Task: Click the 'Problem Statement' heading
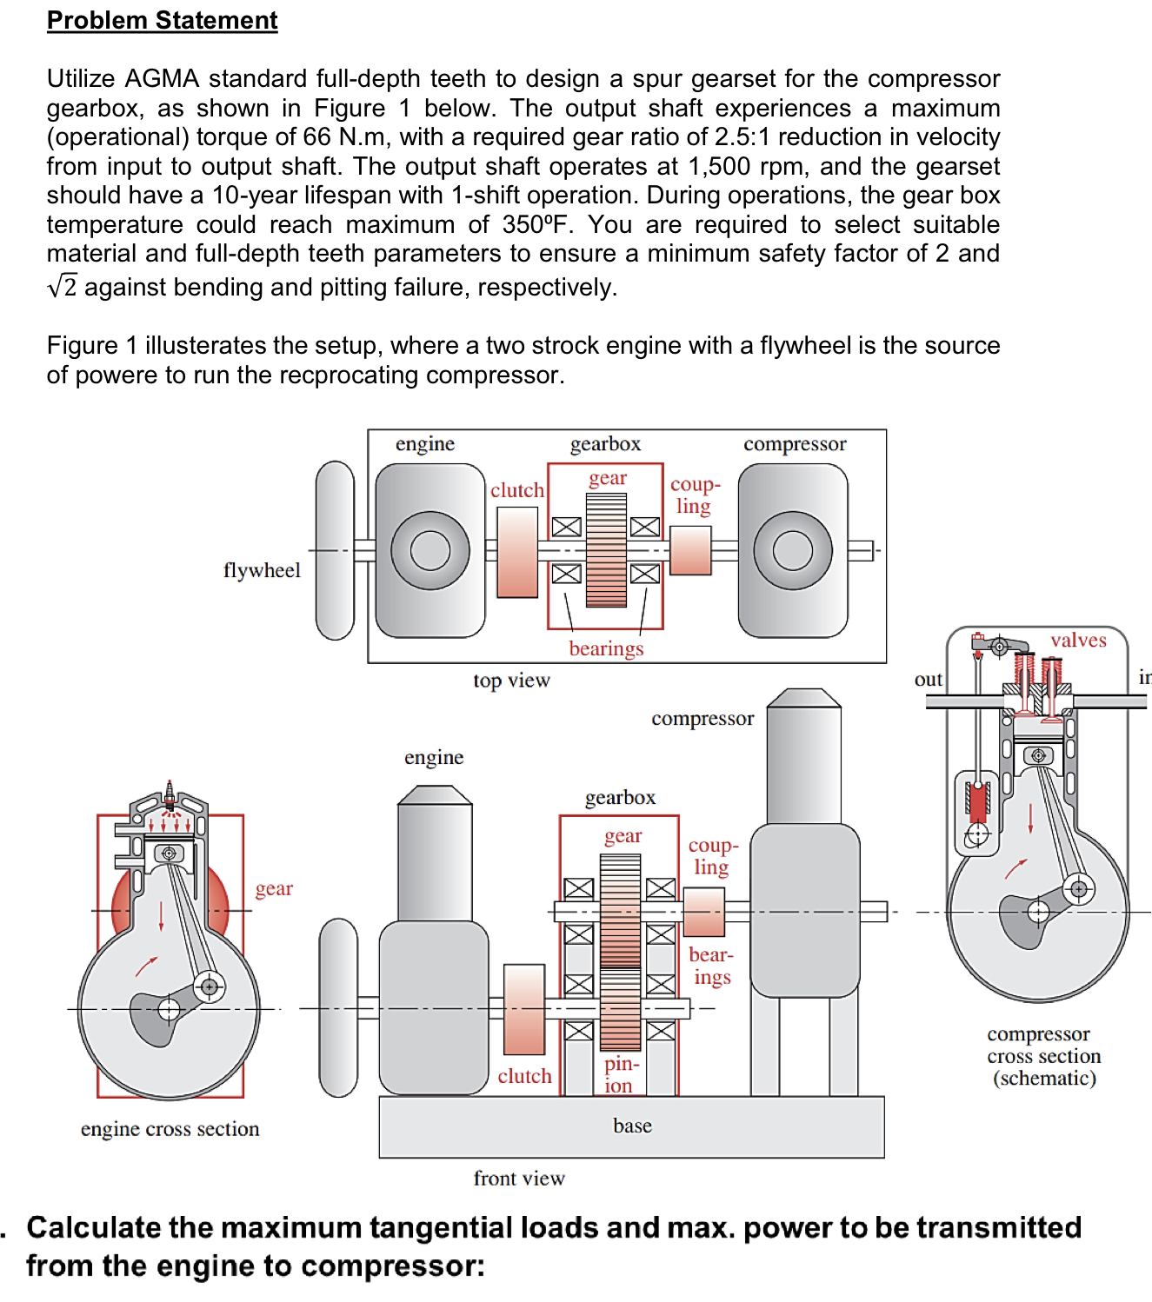[162, 21]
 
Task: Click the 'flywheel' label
[262, 571]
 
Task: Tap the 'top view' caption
[512, 680]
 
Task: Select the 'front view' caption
[519, 1178]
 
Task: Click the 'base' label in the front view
[633, 1126]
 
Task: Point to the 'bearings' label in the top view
[606, 648]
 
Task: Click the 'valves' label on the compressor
[1079, 640]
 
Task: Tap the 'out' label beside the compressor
[929, 680]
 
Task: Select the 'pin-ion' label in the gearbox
[622, 1074]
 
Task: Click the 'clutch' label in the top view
[517, 490]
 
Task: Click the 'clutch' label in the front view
[524, 1076]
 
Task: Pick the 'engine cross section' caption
[170, 1128]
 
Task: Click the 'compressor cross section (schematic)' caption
[1044, 1055]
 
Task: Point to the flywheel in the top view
[335, 550]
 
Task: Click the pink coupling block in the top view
[690, 550]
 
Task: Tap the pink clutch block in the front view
[524, 1009]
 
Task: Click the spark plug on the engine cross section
[170, 795]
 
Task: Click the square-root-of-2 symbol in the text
[63, 285]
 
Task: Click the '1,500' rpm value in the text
[719, 167]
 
